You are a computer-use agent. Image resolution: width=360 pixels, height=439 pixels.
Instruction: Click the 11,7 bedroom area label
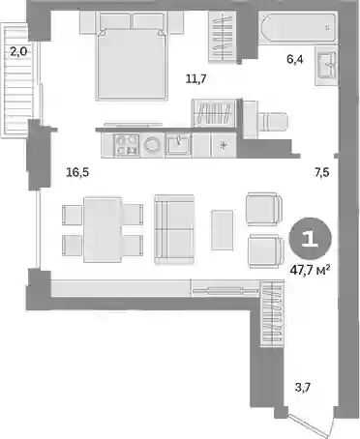[x=195, y=78]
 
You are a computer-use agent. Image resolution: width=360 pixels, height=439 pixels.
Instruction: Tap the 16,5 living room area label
[x=77, y=172]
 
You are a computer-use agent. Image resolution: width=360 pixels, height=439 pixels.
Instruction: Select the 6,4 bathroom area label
[x=295, y=59]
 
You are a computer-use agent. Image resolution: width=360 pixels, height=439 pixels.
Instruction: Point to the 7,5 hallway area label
[x=322, y=172]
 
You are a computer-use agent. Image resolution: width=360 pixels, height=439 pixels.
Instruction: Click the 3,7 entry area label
[x=303, y=387]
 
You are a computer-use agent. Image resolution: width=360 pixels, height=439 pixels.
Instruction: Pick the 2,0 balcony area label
[x=18, y=51]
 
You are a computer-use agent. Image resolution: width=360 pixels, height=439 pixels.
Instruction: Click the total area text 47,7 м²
[x=310, y=270]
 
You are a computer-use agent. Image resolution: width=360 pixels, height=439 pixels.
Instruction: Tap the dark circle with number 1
[x=311, y=238]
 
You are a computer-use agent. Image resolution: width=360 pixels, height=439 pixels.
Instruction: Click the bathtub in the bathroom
[x=298, y=27]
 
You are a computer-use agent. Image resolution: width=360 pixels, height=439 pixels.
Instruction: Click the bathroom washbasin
[x=326, y=66]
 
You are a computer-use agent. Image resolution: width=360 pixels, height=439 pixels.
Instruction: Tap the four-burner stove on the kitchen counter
[x=127, y=145]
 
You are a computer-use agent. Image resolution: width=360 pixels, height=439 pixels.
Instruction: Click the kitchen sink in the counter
[x=178, y=145]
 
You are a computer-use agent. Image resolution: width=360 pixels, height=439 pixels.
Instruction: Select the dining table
[x=103, y=229]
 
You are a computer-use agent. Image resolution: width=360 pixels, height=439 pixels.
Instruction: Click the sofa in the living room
[x=174, y=229]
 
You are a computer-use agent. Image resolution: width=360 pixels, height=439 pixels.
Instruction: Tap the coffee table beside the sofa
[x=222, y=230]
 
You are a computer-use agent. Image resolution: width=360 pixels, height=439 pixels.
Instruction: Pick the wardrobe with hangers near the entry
[x=272, y=313]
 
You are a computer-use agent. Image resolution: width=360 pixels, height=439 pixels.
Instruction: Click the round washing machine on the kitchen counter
[x=152, y=145]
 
